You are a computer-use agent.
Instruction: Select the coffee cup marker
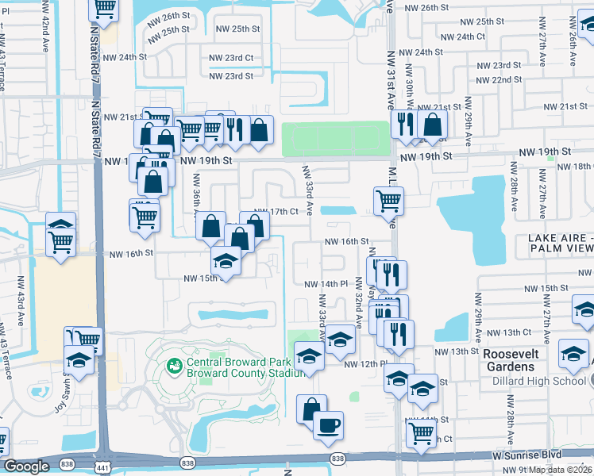[x=328, y=426]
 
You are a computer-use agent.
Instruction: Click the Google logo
[x=27, y=466]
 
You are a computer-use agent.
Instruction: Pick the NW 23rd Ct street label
[x=231, y=58]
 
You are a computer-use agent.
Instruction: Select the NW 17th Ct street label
[x=275, y=212]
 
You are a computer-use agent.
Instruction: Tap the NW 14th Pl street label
[x=326, y=283]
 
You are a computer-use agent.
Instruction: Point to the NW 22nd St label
[x=501, y=80]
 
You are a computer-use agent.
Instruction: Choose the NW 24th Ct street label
[x=462, y=36]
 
